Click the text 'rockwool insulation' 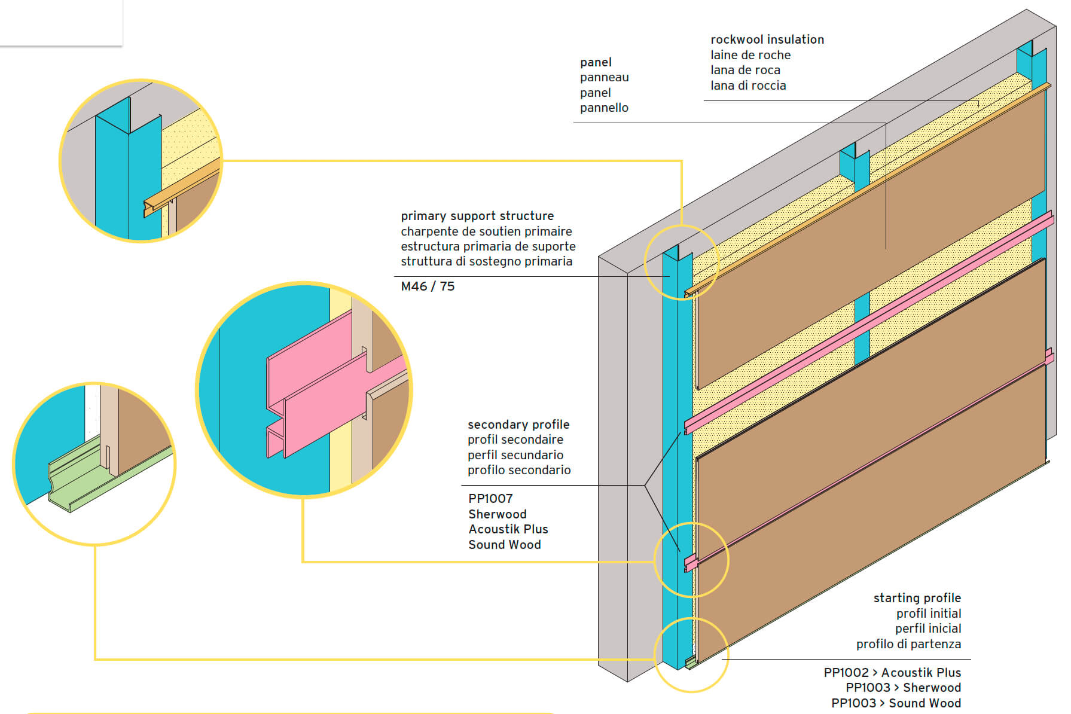coord(767,39)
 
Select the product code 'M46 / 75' coord(428,286)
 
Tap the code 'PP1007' coord(490,499)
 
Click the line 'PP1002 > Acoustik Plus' coord(892,673)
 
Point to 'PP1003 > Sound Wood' coord(896,703)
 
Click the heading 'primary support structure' coord(477,216)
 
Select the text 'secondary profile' coord(518,425)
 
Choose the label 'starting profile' coord(917,598)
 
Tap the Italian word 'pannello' coord(604,108)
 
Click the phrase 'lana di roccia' coord(748,86)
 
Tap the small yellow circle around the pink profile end coord(691,560)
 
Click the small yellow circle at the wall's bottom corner coord(691,655)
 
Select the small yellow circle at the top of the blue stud coord(681,262)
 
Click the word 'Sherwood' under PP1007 coord(497,514)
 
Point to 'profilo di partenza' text coord(908,644)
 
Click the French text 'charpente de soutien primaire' coord(486,231)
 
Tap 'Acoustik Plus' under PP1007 coord(508,529)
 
